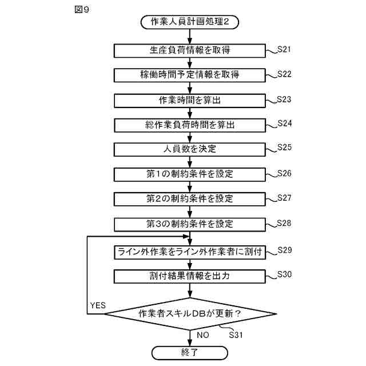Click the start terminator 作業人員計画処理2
click(x=189, y=23)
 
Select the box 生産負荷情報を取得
click(x=189, y=51)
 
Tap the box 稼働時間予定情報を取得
click(x=189, y=75)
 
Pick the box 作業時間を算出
click(x=189, y=100)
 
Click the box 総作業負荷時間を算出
click(x=189, y=125)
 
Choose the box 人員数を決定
click(x=189, y=149)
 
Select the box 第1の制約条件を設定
click(x=189, y=174)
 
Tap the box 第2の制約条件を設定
click(x=189, y=198)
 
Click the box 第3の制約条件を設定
click(x=189, y=223)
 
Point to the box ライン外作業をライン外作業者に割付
click(x=189, y=252)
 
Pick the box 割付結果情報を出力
click(x=189, y=276)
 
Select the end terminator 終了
click(x=189, y=351)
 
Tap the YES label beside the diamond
click(x=97, y=305)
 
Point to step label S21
click(x=284, y=49)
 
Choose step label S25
click(x=284, y=147)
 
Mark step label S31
click(x=236, y=335)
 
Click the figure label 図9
click(x=82, y=9)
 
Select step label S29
click(x=284, y=250)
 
